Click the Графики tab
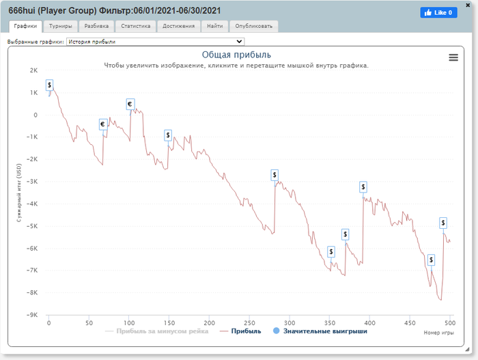pyautogui.click(x=26, y=27)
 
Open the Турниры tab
pyautogui.click(x=61, y=27)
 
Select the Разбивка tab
pyautogui.click(x=96, y=27)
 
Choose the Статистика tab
pyautogui.click(x=135, y=27)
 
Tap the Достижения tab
pyautogui.click(x=178, y=27)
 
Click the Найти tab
pyautogui.click(x=214, y=27)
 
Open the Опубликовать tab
pyautogui.click(x=253, y=27)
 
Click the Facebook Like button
pyautogui.click(x=438, y=12)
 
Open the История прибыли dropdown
pyautogui.click(x=154, y=42)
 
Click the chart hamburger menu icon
pyautogui.click(x=453, y=57)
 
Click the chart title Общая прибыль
pyautogui.click(x=236, y=55)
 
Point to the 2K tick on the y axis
pyautogui.click(x=33, y=70)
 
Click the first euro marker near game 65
pyautogui.click(x=102, y=124)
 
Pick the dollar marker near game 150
pyautogui.click(x=168, y=135)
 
